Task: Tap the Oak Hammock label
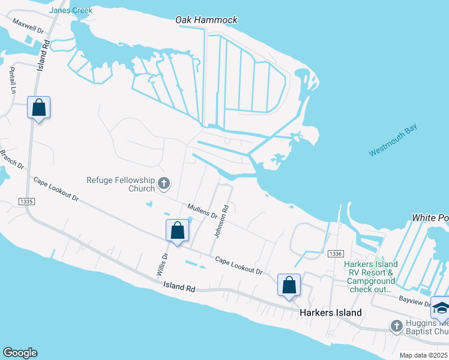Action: tap(206, 20)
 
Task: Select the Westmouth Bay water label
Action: tap(393, 143)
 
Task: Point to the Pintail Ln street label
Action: tap(12, 80)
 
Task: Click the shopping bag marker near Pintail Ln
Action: tap(38, 108)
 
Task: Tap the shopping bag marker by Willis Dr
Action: tap(178, 230)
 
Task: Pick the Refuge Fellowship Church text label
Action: tap(121, 184)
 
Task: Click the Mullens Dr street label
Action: tap(202, 212)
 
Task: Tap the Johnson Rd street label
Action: tap(221, 221)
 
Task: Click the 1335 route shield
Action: tap(26, 201)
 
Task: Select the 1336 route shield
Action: tap(335, 254)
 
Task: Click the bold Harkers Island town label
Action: tap(330, 313)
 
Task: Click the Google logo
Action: tap(20, 353)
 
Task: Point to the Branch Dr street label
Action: tap(11, 159)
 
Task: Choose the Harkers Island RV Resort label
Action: tap(370, 272)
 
